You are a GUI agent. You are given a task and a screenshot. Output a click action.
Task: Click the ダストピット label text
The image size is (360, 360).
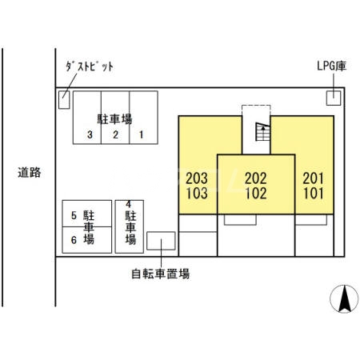point(89,66)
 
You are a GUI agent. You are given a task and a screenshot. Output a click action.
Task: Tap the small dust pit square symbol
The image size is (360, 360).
point(64,99)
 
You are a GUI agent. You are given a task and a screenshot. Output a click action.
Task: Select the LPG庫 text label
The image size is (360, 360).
point(330,66)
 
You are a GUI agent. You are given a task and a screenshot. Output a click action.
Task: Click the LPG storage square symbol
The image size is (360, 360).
point(332,98)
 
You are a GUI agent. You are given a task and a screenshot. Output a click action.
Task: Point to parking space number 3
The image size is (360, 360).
point(91,134)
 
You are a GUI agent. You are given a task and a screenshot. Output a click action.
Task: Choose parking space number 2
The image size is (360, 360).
point(115,134)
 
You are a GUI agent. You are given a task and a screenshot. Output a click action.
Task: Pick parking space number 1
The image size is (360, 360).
point(141,134)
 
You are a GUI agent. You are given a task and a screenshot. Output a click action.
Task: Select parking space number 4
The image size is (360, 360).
point(128,205)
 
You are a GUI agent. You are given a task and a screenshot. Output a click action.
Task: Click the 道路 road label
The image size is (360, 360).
point(30,171)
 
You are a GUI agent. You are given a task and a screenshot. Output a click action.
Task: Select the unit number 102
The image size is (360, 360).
point(256,193)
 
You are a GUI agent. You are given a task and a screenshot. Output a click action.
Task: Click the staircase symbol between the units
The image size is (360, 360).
point(261,133)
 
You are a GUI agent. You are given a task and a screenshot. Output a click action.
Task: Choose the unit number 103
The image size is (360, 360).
point(197,193)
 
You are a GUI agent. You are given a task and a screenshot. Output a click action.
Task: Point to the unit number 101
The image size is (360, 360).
point(314,193)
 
